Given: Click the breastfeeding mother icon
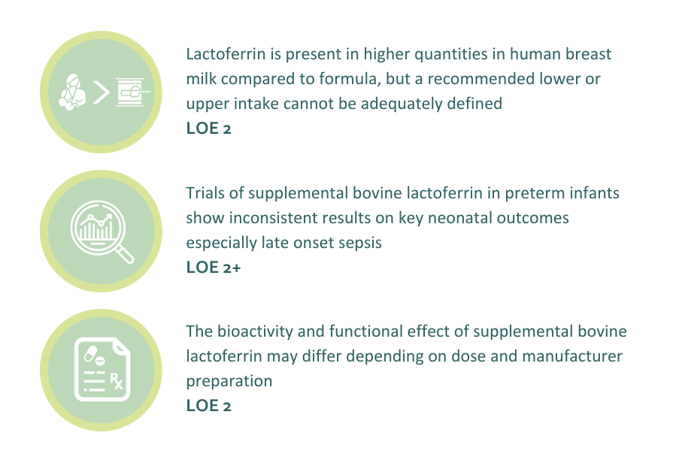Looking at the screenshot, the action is coord(71,92).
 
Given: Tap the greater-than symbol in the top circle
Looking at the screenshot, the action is coord(101,92).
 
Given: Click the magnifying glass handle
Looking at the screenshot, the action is coord(125,253).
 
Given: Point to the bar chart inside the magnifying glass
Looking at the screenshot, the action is coord(96,228).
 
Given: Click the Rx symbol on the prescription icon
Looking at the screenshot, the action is coord(117,381).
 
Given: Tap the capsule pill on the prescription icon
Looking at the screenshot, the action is coord(91,353).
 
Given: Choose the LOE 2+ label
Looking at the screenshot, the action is coord(214,268).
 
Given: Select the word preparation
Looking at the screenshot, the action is coord(229,382).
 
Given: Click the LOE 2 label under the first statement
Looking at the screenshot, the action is coord(208,129).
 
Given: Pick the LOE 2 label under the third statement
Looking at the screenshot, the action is coord(208,406).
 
